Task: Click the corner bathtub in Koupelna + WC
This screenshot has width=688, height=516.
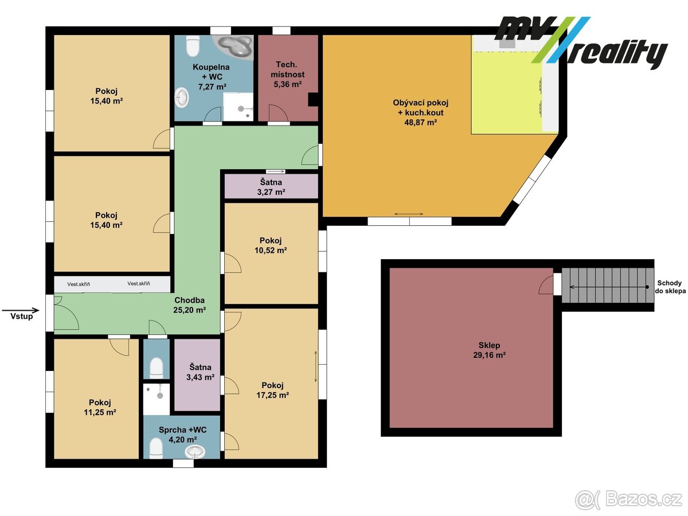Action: pyautogui.click(x=233, y=45)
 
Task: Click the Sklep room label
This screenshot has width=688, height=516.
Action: pyautogui.click(x=489, y=346)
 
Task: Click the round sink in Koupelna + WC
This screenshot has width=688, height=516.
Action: pyautogui.click(x=182, y=97)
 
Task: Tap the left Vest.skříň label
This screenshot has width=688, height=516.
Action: pyautogui.click(x=78, y=284)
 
